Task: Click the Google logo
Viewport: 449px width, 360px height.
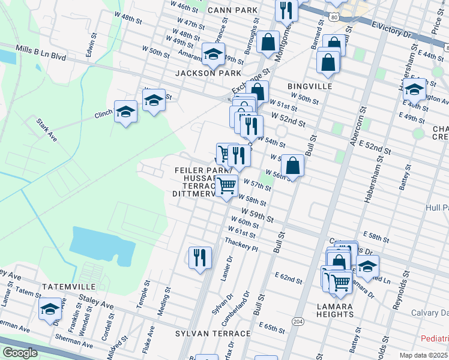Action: point(20,352)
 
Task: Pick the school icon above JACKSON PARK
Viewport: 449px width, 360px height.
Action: point(212,55)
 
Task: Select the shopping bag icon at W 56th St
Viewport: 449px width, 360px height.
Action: point(292,166)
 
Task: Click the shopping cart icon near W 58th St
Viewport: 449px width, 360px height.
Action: point(226,186)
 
